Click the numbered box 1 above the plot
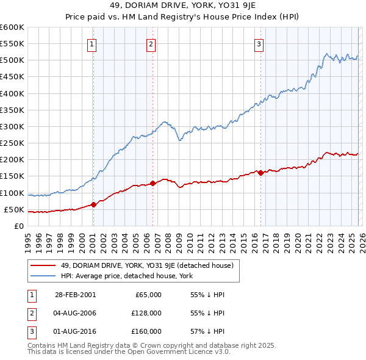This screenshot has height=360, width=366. pos(91,43)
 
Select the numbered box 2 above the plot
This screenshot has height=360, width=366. pos(151,43)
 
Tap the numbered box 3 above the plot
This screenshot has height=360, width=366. pos(259,43)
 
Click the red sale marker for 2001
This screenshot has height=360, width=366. pos(93,204)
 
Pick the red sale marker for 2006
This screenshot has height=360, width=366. pos(152,183)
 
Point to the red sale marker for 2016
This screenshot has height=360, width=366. pos(260,173)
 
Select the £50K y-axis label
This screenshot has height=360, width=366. pos(14,209)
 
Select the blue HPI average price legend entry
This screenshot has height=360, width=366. pos(126,276)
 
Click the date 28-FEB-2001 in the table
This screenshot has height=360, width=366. pos(75,295)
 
